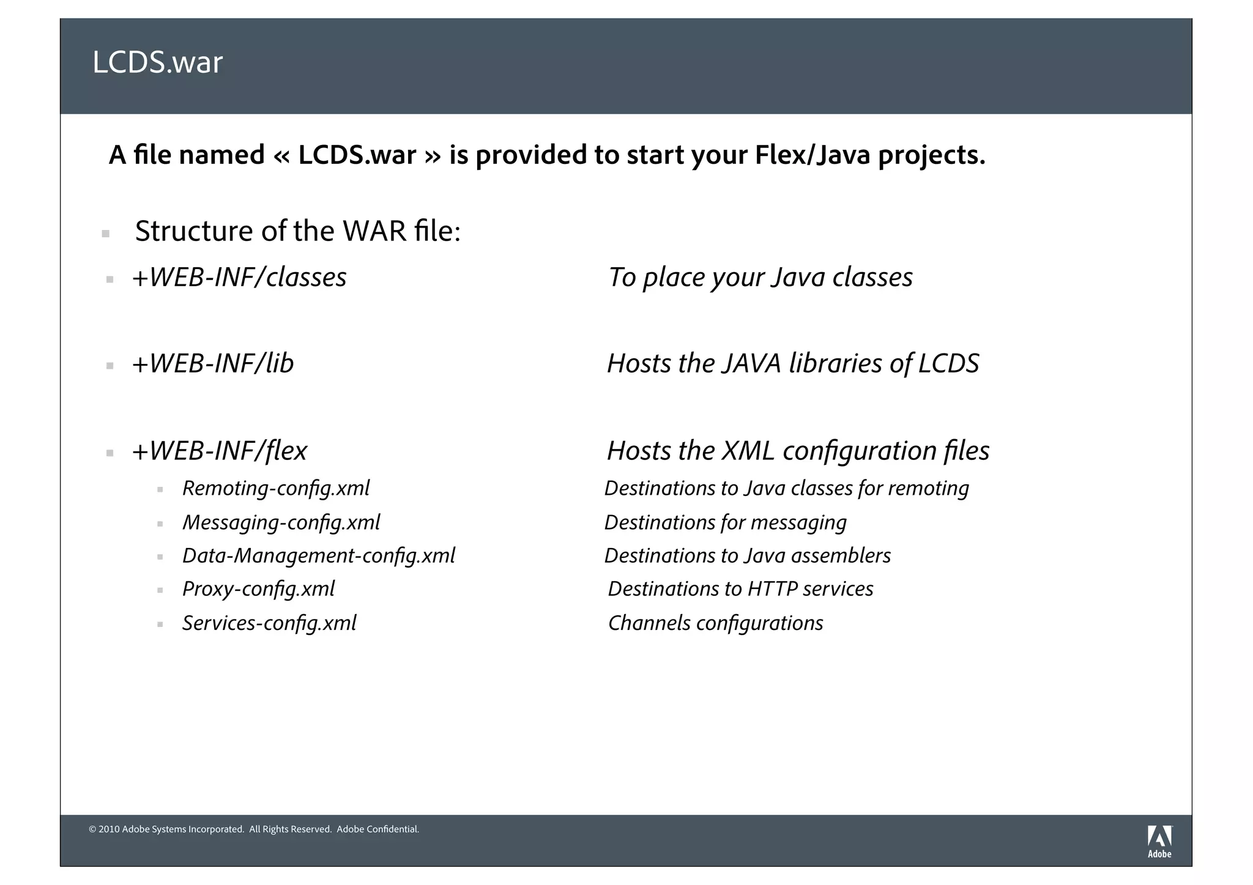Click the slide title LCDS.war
tap(157, 62)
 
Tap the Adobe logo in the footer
tap(1159, 841)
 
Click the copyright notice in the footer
tap(254, 829)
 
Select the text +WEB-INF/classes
tap(239, 278)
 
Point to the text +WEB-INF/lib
tap(213, 364)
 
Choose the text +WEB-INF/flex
tap(220, 451)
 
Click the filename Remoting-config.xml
tap(276, 489)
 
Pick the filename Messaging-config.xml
tap(281, 523)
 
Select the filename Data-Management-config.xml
tap(319, 556)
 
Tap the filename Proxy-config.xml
tap(258, 589)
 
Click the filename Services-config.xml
tap(269, 623)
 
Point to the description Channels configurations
tap(715, 623)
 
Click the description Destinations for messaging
tap(725, 523)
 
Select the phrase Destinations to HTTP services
tap(740, 589)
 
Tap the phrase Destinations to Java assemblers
tap(747, 556)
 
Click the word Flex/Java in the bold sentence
tap(812, 155)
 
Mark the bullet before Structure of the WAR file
tap(106, 234)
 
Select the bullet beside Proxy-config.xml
tap(160, 591)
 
